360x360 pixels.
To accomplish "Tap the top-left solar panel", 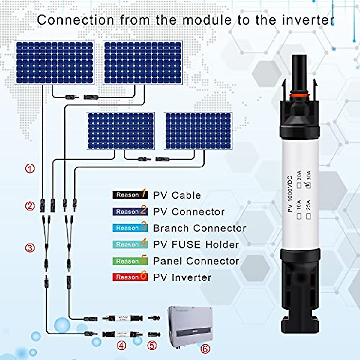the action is (55, 63).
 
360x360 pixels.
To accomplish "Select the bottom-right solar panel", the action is (198, 131).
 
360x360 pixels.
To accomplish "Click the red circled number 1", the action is (30, 169).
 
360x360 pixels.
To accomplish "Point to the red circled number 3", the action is (30, 248).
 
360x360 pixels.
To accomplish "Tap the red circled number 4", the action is (121, 346).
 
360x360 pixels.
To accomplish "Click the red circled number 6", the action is (205, 349).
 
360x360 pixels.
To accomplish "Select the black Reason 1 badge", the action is (130, 195).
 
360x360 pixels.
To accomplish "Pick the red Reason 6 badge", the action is (130, 277).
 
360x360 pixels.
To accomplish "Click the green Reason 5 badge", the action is (130, 261).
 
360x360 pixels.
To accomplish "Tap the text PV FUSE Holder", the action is (196, 244).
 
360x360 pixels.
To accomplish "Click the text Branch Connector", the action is (199, 228).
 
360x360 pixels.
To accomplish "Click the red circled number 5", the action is (152, 346).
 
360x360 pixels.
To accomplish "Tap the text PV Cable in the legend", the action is (177, 195).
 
